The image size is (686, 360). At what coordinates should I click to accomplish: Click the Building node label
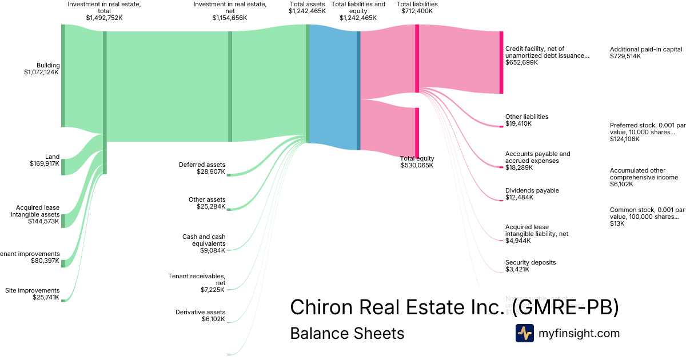(48, 65)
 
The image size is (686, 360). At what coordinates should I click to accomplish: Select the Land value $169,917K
(45, 163)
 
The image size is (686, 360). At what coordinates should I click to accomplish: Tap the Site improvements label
(32, 290)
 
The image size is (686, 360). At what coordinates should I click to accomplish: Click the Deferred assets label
(202, 165)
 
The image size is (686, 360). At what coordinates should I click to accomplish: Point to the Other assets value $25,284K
(211, 206)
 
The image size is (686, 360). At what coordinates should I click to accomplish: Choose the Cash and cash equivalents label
(204, 240)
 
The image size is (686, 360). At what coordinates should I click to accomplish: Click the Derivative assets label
(200, 312)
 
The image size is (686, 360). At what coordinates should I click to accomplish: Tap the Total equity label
(417, 158)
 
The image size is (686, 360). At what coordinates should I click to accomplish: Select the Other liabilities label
(527, 117)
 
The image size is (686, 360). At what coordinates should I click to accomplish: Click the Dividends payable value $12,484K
(519, 197)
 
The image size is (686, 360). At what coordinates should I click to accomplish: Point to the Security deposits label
(531, 262)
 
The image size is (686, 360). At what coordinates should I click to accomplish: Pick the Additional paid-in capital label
(646, 49)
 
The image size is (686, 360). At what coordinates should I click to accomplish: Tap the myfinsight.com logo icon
(524, 333)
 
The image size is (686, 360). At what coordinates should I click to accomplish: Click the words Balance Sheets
(347, 333)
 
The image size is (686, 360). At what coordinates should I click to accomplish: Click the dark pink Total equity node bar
(417, 132)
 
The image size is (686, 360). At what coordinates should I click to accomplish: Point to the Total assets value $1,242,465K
(307, 11)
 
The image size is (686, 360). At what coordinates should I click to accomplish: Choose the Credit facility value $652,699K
(521, 62)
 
